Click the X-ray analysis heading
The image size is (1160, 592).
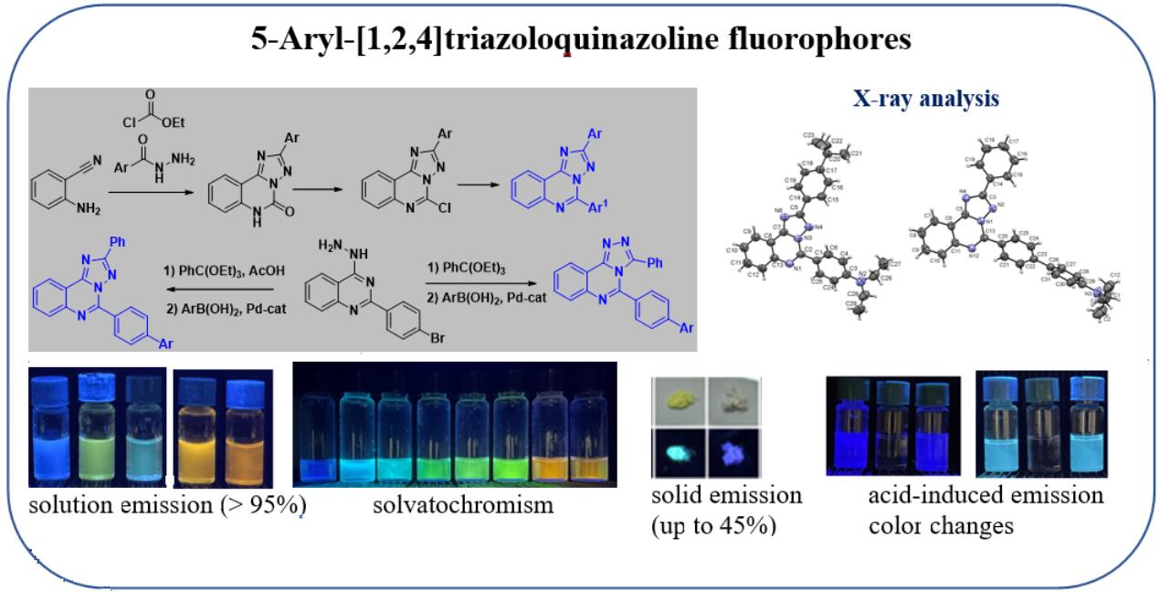[925, 99]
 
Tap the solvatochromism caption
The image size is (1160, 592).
[463, 503]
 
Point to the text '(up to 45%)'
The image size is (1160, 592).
[713, 526]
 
